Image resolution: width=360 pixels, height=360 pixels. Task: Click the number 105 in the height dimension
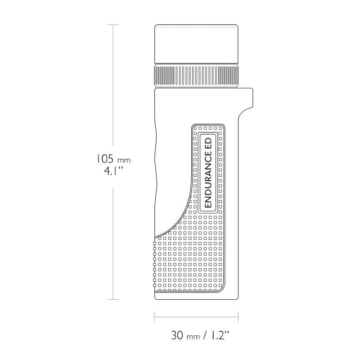tap(104, 159)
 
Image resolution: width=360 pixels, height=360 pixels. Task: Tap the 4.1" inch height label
tap(113, 171)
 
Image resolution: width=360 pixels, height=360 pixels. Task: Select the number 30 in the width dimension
tap(177, 335)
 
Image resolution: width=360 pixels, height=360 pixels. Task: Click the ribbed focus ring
tap(196, 76)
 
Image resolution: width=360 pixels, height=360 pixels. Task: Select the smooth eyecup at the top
tap(196, 44)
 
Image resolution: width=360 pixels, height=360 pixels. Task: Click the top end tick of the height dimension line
tap(113, 25)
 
